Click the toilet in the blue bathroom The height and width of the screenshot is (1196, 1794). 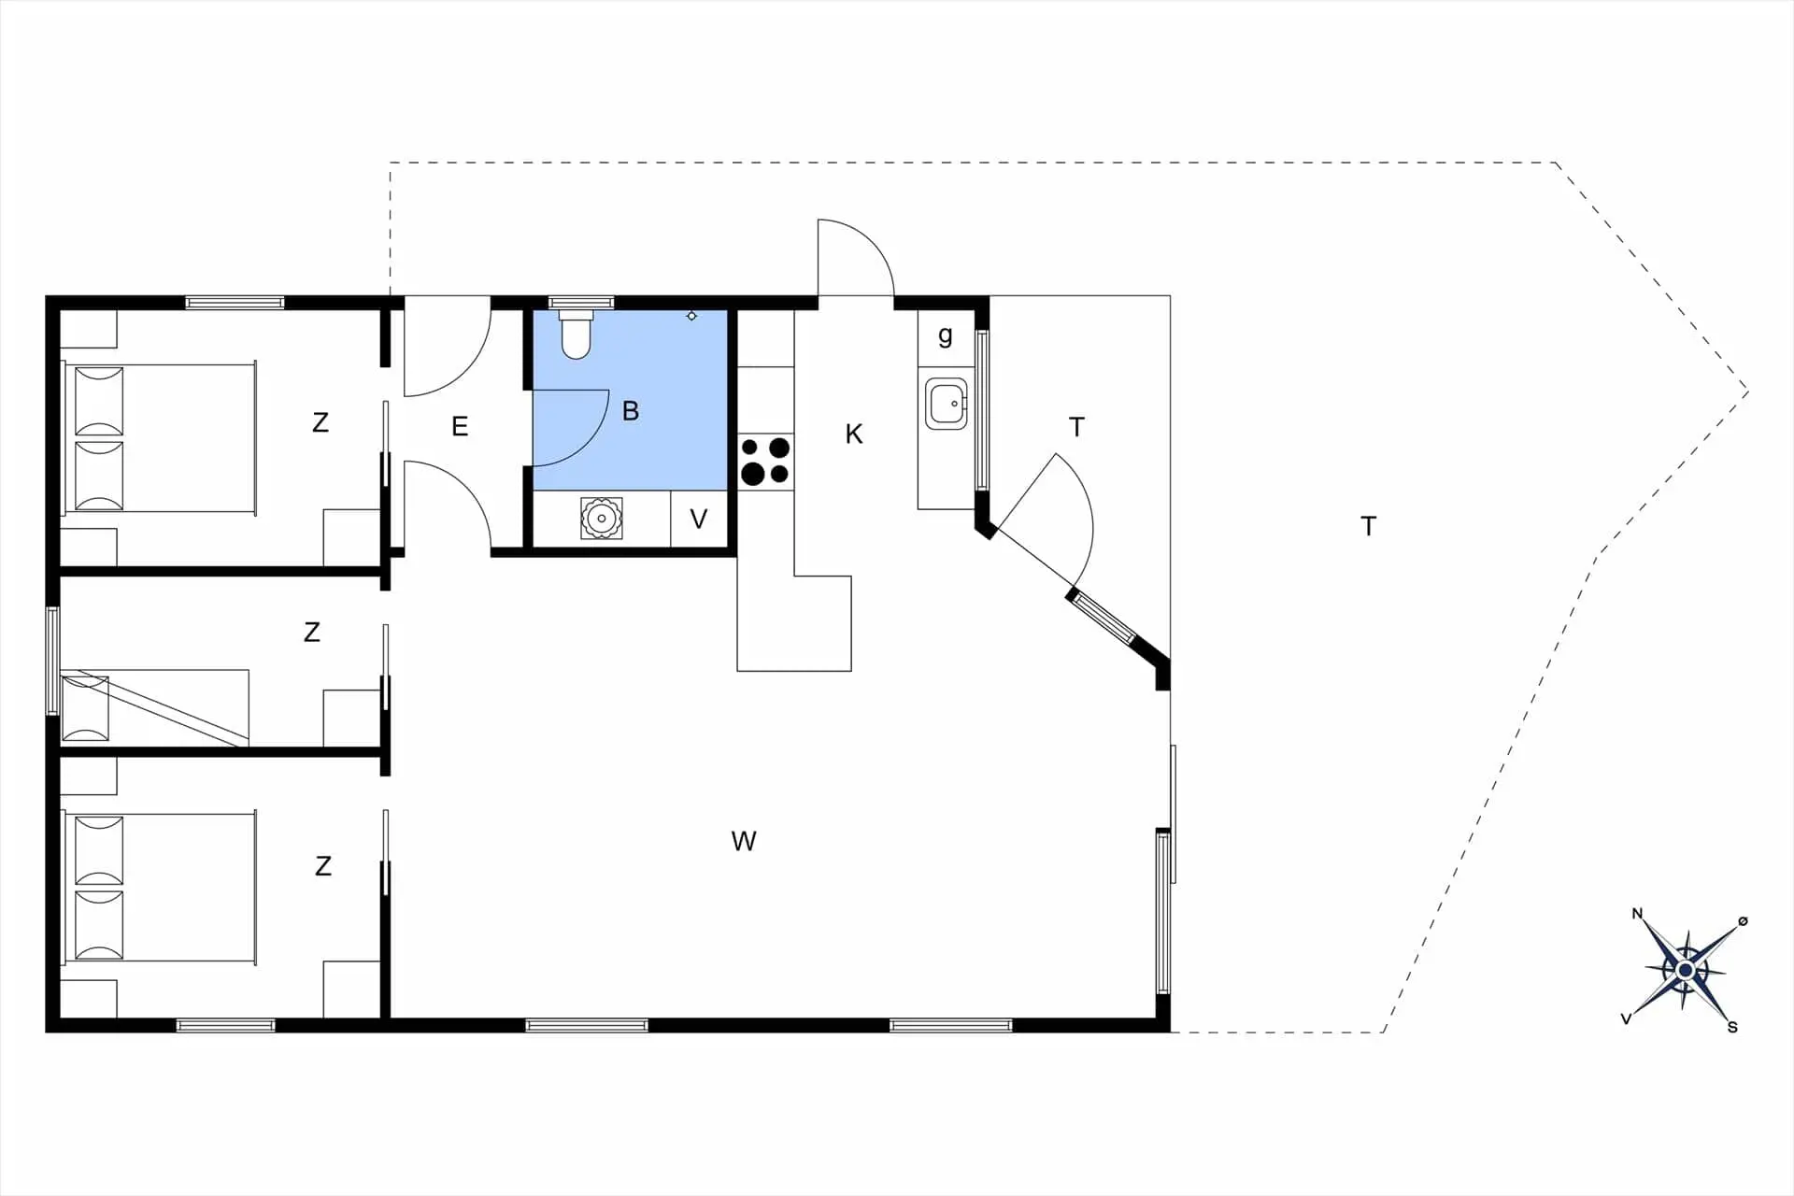(577, 335)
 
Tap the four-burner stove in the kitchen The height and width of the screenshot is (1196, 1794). (765, 462)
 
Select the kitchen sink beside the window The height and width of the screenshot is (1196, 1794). (946, 404)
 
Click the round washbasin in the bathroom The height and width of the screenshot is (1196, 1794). (602, 518)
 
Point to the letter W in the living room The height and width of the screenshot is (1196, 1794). (744, 841)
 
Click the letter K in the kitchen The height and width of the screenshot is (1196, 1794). (854, 434)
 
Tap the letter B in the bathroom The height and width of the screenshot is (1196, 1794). (631, 410)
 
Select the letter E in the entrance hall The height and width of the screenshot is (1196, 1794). (460, 426)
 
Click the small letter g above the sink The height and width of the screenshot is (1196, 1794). (946, 335)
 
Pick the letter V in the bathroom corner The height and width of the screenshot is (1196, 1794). (699, 519)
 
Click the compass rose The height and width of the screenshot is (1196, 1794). (1686, 971)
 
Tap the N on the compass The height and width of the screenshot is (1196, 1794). (1637, 914)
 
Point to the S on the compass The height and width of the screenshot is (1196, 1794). (1732, 1027)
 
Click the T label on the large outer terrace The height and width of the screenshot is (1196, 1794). (1369, 526)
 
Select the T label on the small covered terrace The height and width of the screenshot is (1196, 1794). (1076, 427)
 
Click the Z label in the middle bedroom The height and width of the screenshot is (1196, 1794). (312, 632)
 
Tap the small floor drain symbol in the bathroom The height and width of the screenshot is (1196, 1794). (691, 316)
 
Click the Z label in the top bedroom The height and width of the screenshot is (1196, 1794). (320, 422)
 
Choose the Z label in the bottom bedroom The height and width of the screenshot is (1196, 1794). (323, 866)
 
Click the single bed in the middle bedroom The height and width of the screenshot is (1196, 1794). (155, 707)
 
